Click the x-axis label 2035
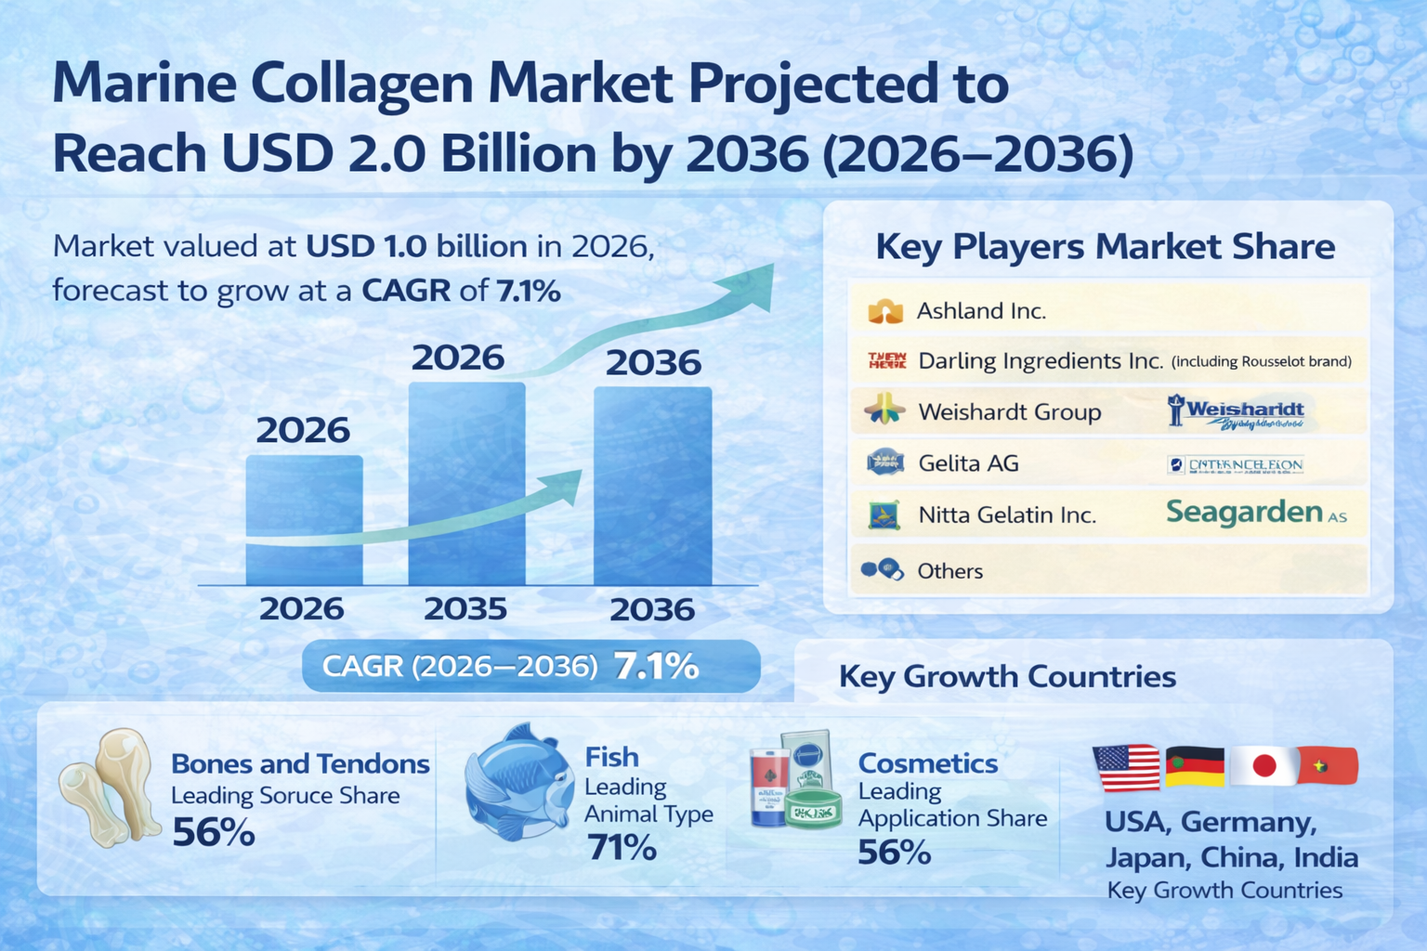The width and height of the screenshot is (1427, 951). pos(465,609)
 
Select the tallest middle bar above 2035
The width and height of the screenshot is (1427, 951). pos(466,483)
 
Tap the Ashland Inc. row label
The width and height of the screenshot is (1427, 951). pos(981,311)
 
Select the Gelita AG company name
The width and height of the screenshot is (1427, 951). pos(968,462)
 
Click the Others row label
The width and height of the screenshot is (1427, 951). pos(949,571)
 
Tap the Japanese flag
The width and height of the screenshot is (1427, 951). pos(1263,766)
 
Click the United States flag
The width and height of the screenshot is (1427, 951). pos(1126,767)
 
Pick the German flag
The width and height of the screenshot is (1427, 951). pos(1195,766)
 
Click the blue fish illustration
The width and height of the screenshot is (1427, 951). pos(519,785)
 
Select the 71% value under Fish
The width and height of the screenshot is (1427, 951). pos(622,847)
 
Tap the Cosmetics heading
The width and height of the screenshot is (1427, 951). pos(927,763)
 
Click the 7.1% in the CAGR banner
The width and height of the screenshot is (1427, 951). pos(656,666)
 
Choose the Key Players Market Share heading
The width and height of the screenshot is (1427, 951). pos(1105,247)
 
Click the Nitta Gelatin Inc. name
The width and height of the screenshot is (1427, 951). pos(1007,515)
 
